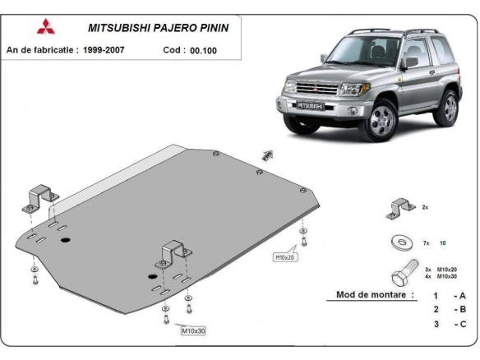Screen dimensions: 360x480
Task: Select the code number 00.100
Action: coord(204,50)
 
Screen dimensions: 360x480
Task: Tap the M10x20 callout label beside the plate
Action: coord(284,257)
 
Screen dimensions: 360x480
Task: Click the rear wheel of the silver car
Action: coord(448,108)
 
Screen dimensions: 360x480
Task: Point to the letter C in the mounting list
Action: coord(462,324)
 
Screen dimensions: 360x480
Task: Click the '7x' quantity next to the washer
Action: coord(427,243)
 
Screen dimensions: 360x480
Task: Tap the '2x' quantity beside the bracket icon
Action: coord(425,209)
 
